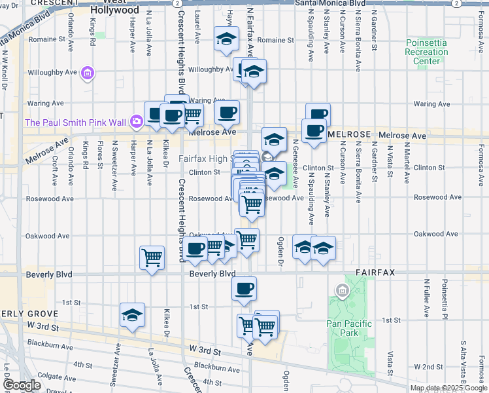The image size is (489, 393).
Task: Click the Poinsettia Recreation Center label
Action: (x=426, y=52)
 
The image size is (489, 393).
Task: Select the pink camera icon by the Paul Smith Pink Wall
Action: (x=137, y=121)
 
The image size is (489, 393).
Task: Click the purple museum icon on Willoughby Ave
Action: (x=87, y=73)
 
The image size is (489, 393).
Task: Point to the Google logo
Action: (x=21, y=386)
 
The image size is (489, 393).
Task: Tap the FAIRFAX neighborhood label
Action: (x=375, y=271)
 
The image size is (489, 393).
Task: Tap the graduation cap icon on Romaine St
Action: (x=226, y=40)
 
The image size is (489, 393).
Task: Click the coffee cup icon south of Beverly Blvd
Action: (x=244, y=288)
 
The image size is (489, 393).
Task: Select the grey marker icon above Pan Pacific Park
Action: (x=341, y=290)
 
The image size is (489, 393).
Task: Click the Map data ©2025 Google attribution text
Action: (x=448, y=388)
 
